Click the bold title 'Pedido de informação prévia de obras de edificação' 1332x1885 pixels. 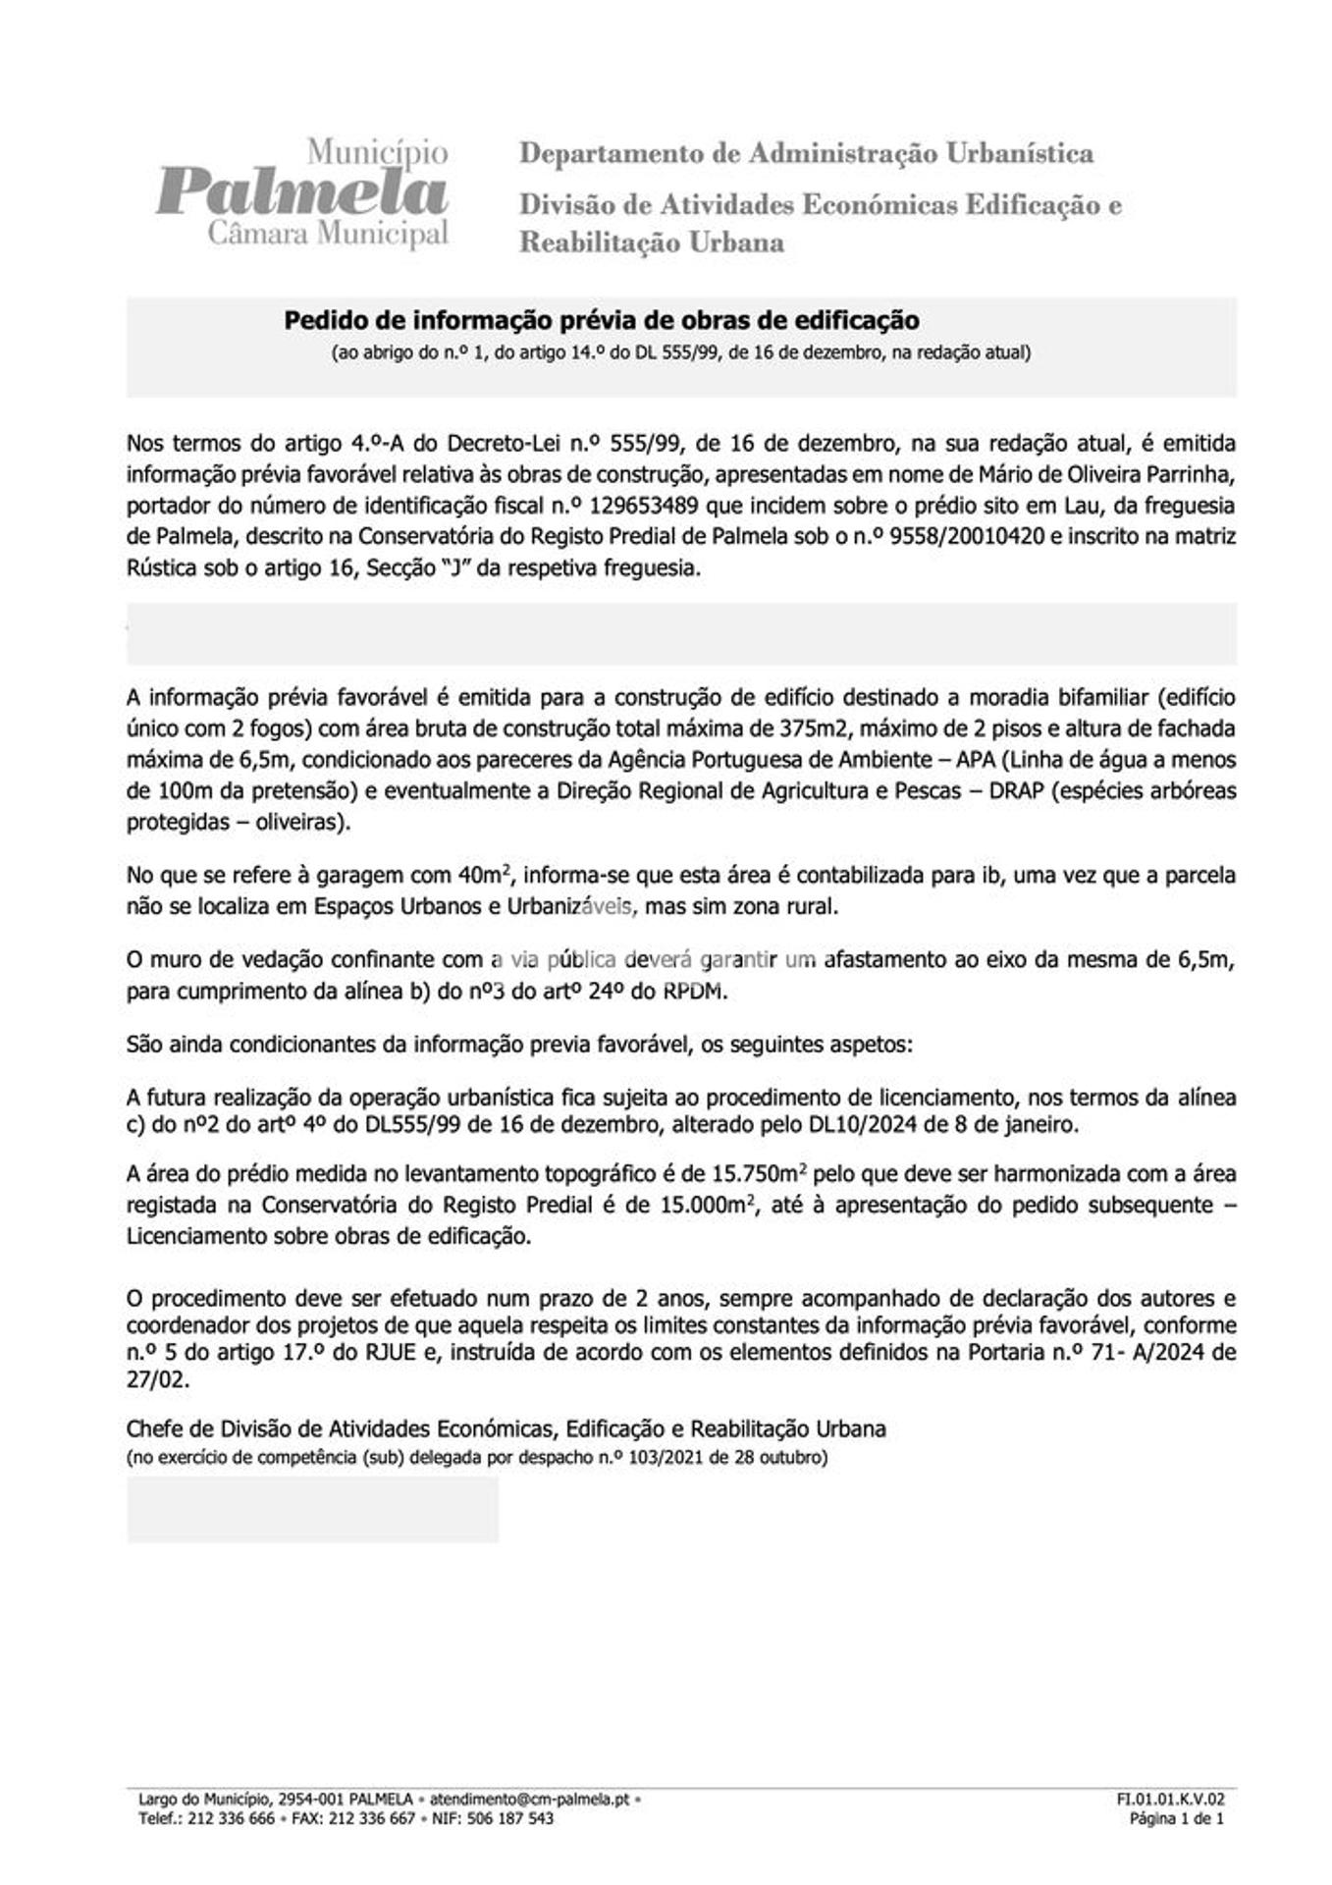(602, 320)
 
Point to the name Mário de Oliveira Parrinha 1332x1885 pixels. (1104, 475)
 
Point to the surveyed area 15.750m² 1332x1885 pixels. (759, 1174)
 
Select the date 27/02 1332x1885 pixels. (157, 1379)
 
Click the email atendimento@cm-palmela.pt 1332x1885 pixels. (529, 1800)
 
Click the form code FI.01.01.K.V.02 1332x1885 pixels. (1170, 1800)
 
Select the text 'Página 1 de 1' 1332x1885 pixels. (1177, 1818)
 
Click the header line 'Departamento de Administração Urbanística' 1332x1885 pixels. (806, 154)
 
